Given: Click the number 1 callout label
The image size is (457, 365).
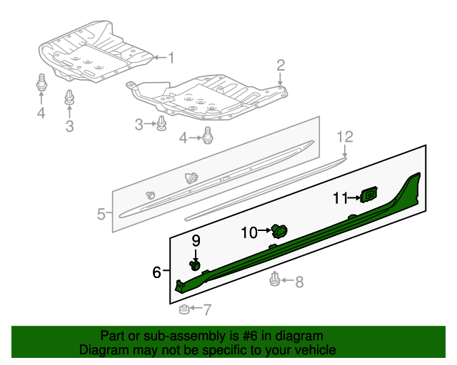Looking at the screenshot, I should point(171,57).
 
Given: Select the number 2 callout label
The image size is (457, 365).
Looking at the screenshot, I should point(281,66).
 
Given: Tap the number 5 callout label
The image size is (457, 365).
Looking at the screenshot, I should point(101,213).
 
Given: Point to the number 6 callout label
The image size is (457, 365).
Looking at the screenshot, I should point(156,271).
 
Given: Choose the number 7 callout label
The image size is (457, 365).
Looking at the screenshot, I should point(207,310).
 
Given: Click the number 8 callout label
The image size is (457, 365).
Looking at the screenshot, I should point(298,282).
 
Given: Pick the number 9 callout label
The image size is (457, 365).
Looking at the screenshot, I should point(196,240).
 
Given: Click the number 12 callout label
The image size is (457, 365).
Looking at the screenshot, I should point(345,135).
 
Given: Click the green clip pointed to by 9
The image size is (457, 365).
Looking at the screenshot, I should point(194,265).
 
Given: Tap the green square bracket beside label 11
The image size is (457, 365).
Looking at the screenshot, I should point(369,195).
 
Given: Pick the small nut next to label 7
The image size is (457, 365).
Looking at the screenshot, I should point(184,310).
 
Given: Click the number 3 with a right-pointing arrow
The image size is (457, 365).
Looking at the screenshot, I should point(139,125).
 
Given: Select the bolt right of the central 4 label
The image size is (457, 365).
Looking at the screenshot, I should point(209,135).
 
